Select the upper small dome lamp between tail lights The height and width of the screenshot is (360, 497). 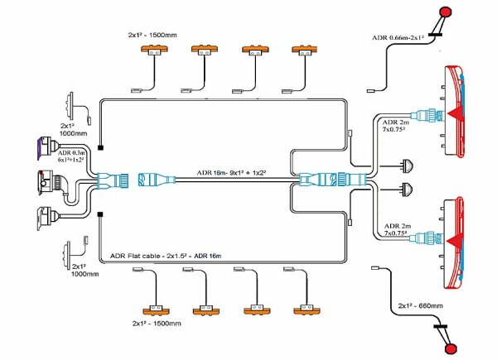(x=408, y=164)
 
